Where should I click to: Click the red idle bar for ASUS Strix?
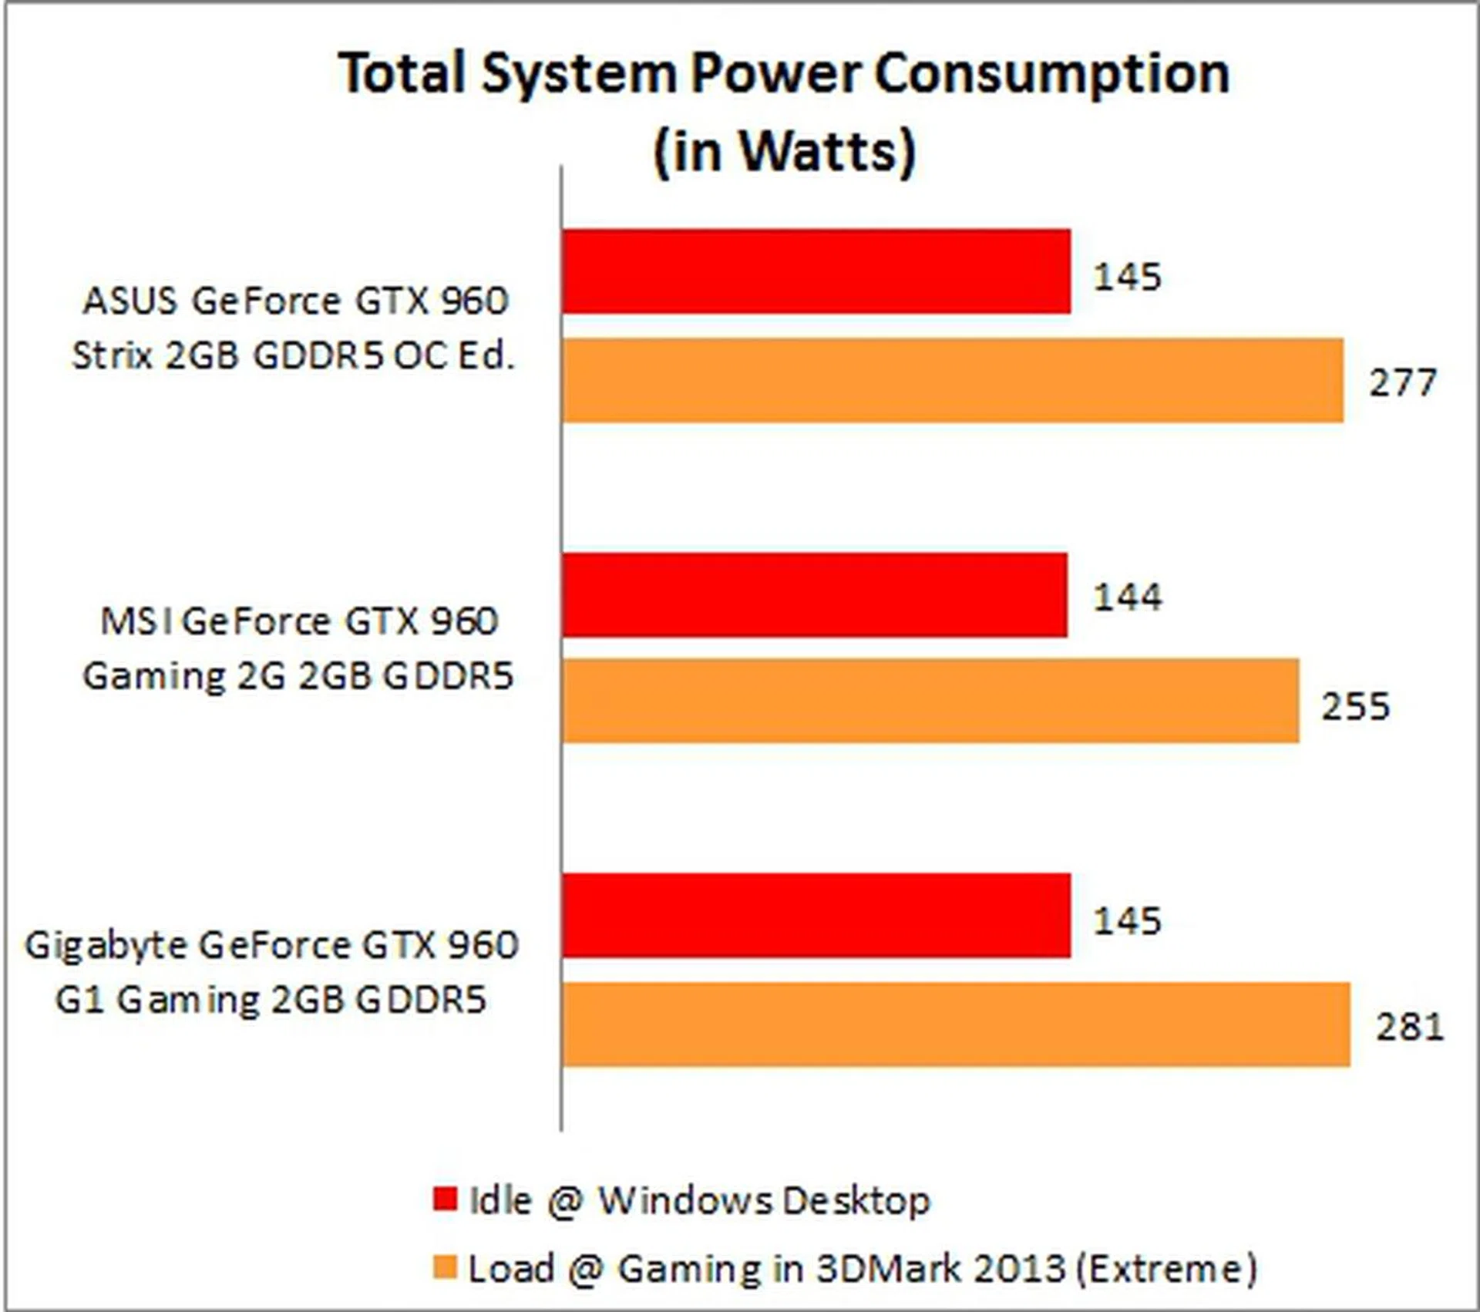(x=816, y=271)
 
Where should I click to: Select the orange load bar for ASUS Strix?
(x=952, y=380)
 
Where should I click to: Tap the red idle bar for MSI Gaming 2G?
(x=814, y=594)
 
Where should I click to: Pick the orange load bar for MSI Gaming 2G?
(x=930, y=701)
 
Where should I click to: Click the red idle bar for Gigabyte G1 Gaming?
(x=816, y=915)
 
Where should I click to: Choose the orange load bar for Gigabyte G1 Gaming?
(x=955, y=1024)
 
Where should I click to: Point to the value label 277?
(x=1402, y=383)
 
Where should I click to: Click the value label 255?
(x=1356, y=707)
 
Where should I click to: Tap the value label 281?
(x=1410, y=1028)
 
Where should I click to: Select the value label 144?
(x=1128, y=597)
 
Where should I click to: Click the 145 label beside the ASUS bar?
(x=1128, y=277)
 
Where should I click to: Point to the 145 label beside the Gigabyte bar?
(x=1128, y=921)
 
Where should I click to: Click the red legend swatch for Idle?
(x=446, y=1199)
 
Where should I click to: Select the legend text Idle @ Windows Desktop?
(x=700, y=1200)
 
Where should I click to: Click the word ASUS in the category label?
(x=129, y=301)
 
